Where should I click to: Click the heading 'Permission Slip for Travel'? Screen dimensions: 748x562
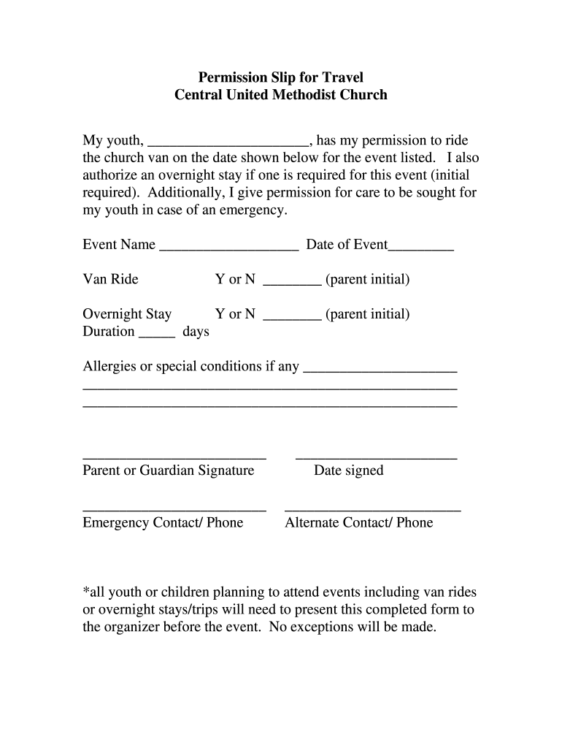(x=281, y=77)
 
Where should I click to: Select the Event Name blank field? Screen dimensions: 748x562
(x=228, y=248)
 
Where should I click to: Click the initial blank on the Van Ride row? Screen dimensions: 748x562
(x=292, y=283)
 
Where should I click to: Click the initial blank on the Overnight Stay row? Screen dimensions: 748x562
(x=292, y=318)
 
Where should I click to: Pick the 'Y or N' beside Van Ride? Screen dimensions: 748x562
(x=235, y=280)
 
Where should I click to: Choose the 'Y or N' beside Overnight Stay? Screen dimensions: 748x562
(x=235, y=315)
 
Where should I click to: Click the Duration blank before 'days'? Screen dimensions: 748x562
(x=156, y=336)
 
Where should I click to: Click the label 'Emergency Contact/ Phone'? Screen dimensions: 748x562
(x=163, y=523)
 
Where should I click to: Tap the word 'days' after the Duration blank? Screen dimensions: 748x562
(x=196, y=332)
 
